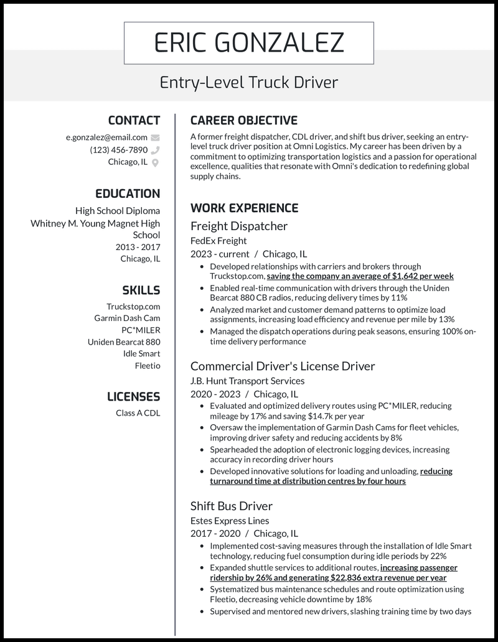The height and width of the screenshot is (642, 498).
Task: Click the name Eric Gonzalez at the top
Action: click(x=248, y=43)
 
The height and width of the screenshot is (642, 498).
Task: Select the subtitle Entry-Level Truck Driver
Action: click(x=248, y=82)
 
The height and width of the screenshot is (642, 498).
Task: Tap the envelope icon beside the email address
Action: click(x=155, y=137)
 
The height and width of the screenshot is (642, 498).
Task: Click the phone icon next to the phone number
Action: click(x=155, y=150)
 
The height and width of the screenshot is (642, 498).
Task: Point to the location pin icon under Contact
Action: click(x=155, y=162)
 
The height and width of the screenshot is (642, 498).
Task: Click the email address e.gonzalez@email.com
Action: click(x=106, y=137)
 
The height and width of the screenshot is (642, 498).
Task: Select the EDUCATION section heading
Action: click(x=128, y=193)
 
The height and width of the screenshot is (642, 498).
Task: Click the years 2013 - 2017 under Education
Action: click(x=138, y=247)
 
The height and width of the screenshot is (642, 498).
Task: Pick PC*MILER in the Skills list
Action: click(x=141, y=330)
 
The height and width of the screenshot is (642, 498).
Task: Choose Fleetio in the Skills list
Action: click(x=148, y=366)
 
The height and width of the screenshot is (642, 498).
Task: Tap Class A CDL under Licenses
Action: click(x=138, y=412)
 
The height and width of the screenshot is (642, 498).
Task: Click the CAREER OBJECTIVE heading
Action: click(x=243, y=121)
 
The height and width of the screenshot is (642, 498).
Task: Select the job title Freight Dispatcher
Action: click(x=238, y=226)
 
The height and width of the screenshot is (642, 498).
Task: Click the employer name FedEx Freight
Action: click(x=218, y=241)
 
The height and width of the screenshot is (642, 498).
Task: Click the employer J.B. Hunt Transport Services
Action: click(x=247, y=381)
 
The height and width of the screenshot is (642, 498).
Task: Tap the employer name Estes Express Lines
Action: click(x=230, y=521)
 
